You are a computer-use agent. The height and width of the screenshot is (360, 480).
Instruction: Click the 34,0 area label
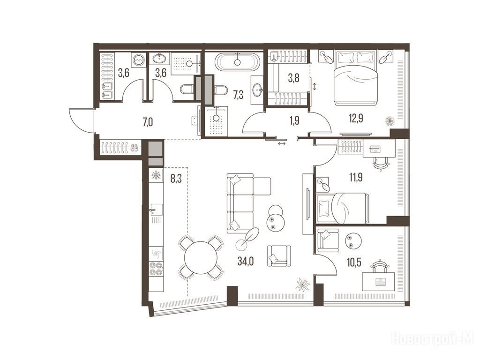point(246,261)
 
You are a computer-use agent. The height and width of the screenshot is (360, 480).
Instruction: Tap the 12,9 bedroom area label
point(356,118)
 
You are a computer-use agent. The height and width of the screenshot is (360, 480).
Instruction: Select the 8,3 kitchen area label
point(176,178)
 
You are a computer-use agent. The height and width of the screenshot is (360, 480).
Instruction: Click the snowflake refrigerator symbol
point(156,175)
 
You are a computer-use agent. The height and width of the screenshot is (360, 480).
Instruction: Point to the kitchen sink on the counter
point(156,210)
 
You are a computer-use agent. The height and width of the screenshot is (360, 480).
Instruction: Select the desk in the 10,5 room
point(378,281)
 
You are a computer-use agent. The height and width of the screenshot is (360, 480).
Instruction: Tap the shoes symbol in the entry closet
point(134,148)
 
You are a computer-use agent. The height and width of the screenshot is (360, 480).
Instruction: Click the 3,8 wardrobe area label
point(293,78)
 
